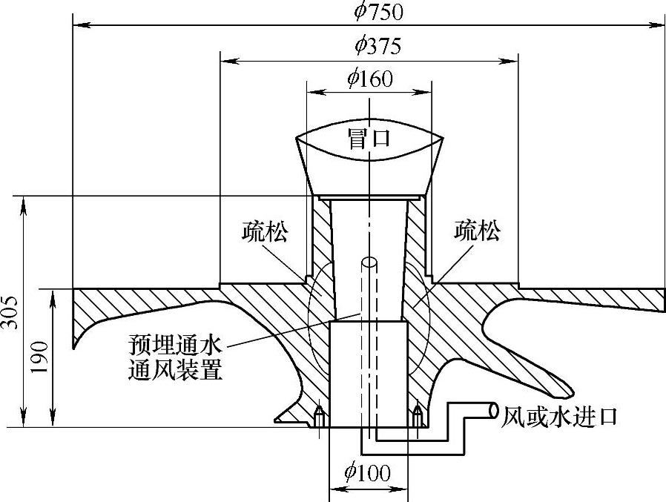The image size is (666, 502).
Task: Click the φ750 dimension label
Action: pos(377,11)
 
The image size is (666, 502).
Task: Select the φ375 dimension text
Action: pos(377,46)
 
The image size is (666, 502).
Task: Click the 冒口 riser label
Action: pos(369,139)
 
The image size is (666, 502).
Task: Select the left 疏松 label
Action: pos(265,232)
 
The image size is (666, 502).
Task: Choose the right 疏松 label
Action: pos(476,232)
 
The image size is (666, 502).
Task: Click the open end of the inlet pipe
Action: pos(495,411)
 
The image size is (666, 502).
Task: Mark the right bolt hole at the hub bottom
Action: pos(417,416)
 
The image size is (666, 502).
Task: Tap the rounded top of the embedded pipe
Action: pos(369,261)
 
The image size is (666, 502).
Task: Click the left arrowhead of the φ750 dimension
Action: pos(76,24)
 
